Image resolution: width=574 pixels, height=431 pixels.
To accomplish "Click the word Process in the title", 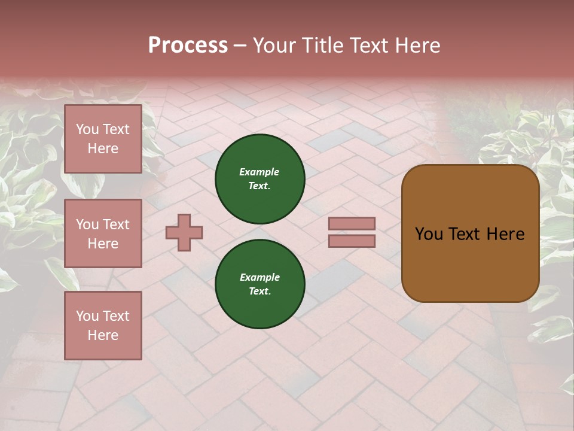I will (188, 45).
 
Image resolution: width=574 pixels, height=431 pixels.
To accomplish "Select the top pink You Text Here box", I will (103, 139).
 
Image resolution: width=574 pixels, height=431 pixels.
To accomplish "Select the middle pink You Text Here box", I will (103, 233).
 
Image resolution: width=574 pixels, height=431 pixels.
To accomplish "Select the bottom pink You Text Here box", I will (103, 326).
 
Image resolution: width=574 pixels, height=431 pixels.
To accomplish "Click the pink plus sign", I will (184, 232).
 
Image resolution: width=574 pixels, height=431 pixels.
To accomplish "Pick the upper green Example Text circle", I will (259, 179).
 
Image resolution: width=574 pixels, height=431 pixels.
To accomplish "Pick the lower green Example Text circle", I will (259, 284).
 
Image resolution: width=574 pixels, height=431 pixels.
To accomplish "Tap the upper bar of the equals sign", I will (352, 224).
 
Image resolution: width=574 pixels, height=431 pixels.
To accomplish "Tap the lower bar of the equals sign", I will (352, 241).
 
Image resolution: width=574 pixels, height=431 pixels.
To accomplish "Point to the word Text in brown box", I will (467, 234).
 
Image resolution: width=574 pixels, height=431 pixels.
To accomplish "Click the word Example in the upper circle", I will (259, 172).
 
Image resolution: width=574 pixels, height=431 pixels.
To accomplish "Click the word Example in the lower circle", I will (259, 277).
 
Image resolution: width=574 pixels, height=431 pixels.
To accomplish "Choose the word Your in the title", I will (274, 45).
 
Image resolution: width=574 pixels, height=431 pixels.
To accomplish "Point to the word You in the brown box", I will (429, 234).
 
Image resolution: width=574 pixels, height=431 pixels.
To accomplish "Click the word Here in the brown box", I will (505, 234).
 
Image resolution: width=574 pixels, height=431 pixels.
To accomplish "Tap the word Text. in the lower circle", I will (259, 292).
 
